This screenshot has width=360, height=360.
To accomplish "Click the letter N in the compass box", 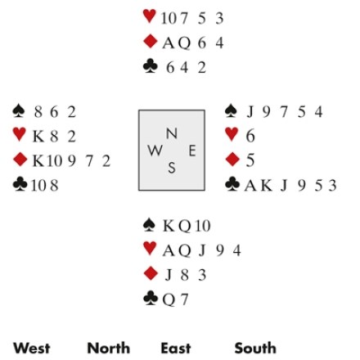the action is point(172,133).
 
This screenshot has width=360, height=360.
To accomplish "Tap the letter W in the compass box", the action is point(155,151).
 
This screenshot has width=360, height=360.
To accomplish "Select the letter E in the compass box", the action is point(192,151).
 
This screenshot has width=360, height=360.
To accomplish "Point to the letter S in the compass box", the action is point(172,168).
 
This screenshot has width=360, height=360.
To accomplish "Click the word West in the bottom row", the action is point(32,349).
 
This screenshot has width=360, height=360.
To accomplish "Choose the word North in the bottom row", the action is point(109,349).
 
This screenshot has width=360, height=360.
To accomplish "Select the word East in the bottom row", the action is point(176,349).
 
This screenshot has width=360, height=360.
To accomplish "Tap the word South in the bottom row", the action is point(255,349).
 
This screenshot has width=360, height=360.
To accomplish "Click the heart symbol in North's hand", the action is point(150,16).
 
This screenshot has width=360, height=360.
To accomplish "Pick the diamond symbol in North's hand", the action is point(151,42).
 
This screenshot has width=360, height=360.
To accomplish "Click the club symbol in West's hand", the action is point(20,184).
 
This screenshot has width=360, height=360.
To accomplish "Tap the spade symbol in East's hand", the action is point(232,110).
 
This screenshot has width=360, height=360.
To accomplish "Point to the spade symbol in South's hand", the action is point(149,225).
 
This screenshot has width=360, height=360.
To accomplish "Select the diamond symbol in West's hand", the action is point(20,160).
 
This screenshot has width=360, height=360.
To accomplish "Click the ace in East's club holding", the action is point(250,186).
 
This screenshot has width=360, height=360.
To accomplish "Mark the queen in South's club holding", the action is point(169,300).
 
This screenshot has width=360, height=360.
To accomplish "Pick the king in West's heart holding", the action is point(38,136).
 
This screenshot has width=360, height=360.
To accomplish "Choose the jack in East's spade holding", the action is point(250,112).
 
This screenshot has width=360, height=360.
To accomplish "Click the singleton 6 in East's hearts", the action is point(250,136).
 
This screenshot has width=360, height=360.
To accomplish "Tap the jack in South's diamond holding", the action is point(169,275).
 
